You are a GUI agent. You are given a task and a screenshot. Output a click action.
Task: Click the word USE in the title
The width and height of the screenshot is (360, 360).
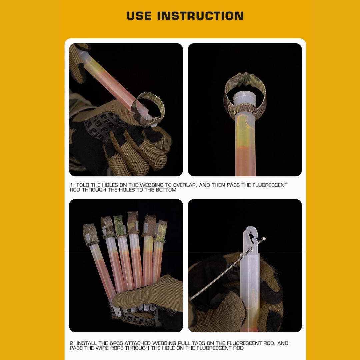point(139,16)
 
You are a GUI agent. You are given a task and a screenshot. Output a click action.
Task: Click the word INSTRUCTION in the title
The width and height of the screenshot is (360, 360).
point(200,16)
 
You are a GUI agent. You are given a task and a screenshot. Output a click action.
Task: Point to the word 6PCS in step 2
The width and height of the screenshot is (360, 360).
point(116,343)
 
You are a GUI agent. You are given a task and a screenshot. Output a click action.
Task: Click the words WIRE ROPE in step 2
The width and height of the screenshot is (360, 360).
point(109,348)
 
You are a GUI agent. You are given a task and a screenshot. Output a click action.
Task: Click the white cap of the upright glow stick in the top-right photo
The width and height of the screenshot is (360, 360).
point(244,98)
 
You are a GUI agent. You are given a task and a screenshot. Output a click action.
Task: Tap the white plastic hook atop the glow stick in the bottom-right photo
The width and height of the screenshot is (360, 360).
point(251,239)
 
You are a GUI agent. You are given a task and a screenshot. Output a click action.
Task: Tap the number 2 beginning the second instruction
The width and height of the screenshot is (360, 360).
point(72,343)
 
